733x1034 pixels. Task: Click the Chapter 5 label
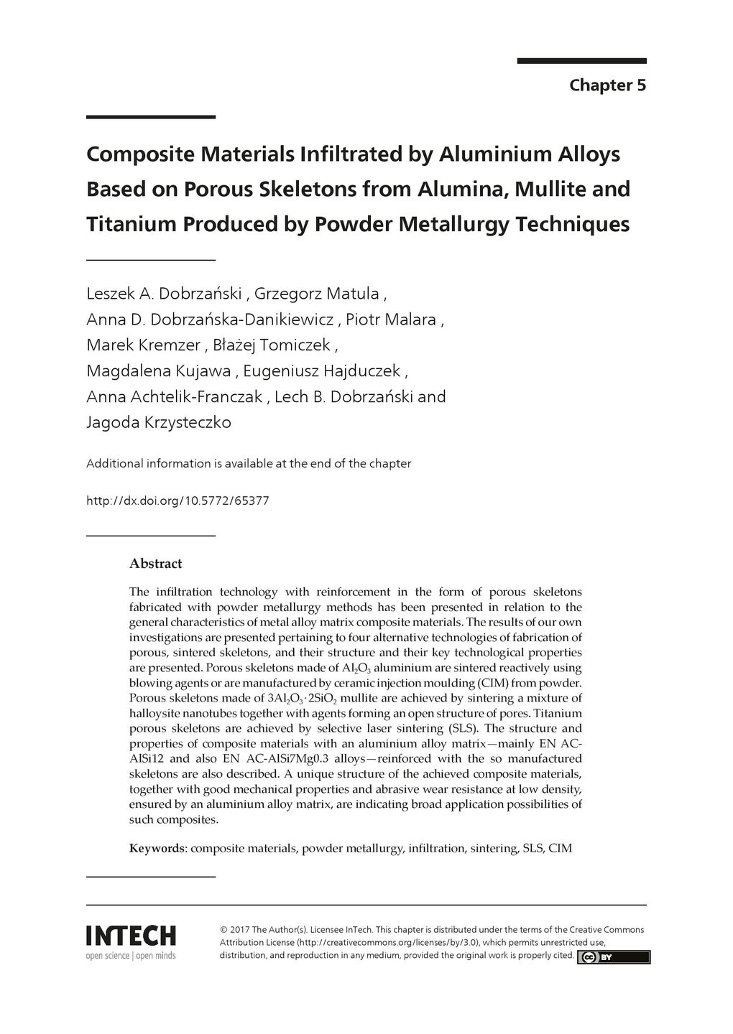click(x=607, y=85)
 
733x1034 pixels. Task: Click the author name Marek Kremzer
click(x=143, y=345)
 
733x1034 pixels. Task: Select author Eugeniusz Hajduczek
click(x=321, y=371)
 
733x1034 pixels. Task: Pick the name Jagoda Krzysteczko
click(x=159, y=422)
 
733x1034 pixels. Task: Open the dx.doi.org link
click(x=178, y=500)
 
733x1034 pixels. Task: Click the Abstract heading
click(x=155, y=564)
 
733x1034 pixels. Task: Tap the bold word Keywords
click(x=157, y=848)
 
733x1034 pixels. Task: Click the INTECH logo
click(x=131, y=936)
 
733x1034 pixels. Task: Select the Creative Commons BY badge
click(x=614, y=956)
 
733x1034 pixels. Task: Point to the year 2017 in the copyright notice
click(x=240, y=929)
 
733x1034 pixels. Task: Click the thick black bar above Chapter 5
click(x=581, y=61)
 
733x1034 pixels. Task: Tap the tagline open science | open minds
click(x=131, y=956)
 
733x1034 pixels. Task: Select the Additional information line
click(x=249, y=464)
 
